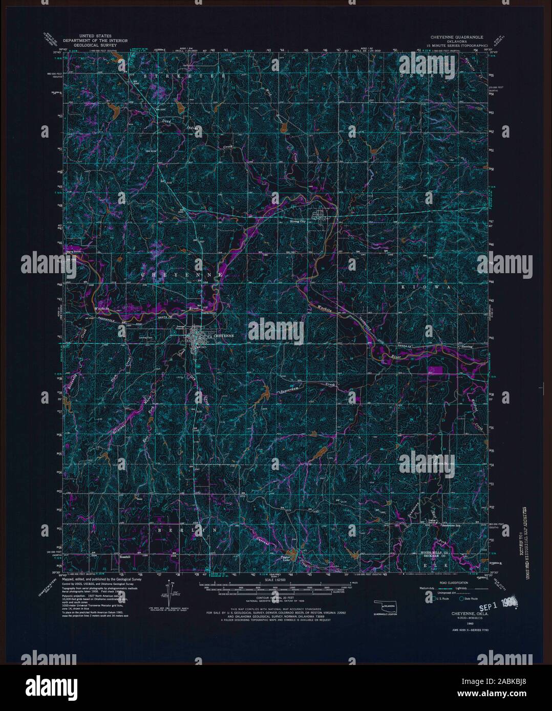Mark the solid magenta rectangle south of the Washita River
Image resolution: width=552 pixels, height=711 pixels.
(x=436, y=369)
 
